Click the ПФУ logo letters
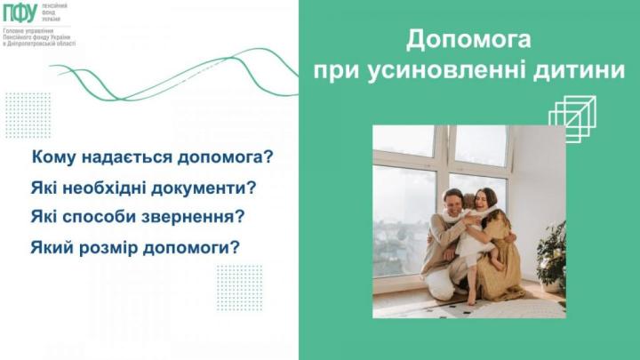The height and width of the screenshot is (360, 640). click(x=20, y=13)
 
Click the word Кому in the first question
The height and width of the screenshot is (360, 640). click(x=54, y=158)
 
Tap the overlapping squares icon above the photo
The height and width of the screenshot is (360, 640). click(x=571, y=118)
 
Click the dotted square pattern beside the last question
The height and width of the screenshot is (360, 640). click(x=239, y=287)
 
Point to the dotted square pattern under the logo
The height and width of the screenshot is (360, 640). click(x=28, y=114)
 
